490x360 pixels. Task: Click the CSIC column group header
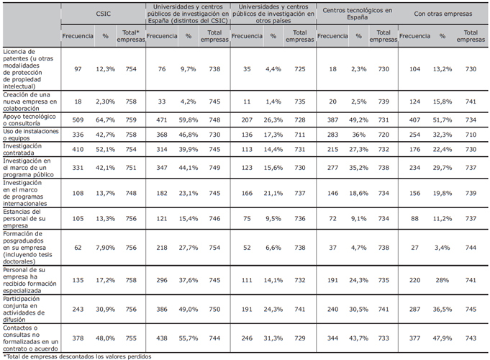point(103,14)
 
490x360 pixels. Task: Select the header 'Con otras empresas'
point(443,14)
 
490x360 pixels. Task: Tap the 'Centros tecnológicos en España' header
point(357,14)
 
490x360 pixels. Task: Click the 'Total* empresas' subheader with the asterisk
point(131,36)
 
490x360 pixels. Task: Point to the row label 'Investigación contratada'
point(22,149)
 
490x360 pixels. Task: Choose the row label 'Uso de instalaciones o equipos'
point(31,135)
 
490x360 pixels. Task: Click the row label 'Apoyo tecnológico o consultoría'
point(30,120)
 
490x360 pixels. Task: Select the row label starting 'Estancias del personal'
point(24,218)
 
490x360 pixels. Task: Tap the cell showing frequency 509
point(78,120)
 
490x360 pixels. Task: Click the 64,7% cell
point(105,120)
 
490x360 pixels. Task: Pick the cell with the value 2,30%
point(105,102)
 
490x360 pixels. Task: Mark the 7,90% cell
point(105,248)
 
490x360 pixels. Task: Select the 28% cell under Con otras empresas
point(443,280)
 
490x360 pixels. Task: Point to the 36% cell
point(358,135)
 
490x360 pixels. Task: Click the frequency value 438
point(162,338)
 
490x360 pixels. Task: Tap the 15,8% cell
point(443,102)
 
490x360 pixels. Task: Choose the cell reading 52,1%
point(105,149)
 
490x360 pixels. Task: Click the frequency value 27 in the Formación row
point(414,248)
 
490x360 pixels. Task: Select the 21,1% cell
point(273,193)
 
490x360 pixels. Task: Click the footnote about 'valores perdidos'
point(77,356)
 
